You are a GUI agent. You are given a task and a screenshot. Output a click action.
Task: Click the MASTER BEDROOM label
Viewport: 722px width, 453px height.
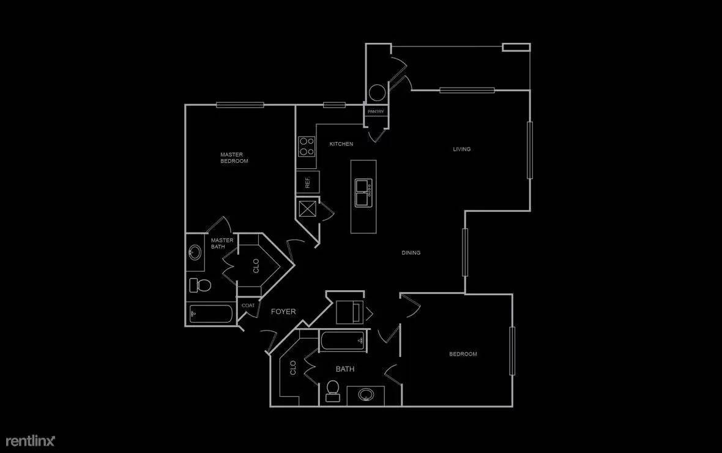[234, 157]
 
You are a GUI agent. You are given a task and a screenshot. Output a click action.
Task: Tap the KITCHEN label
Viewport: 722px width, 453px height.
[341, 144]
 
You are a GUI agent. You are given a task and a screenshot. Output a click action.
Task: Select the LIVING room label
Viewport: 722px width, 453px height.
[461, 149]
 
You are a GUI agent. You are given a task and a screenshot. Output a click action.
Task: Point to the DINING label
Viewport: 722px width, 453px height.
[411, 253]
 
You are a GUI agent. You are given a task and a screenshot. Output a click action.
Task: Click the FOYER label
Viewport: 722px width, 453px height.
[283, 312]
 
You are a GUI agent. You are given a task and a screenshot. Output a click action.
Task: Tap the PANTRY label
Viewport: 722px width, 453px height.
[376, 111]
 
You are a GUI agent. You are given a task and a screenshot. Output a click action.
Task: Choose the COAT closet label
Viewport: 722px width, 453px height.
[248, 305]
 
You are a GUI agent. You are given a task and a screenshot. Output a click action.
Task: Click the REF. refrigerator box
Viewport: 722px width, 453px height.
[307, 182]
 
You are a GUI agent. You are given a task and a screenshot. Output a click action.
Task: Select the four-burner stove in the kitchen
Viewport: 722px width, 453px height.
[306, 146]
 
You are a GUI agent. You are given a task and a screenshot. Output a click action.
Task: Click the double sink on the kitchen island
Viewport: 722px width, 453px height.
[363, 193]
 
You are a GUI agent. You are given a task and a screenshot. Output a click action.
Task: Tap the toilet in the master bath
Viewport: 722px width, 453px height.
[200, 285]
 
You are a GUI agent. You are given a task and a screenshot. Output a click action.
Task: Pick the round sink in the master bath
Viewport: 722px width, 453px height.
[195, 252]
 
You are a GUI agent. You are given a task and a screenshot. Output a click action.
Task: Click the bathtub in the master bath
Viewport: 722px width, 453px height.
[211, 314]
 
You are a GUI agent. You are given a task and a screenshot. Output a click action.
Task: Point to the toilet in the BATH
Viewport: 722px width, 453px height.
[332, 391]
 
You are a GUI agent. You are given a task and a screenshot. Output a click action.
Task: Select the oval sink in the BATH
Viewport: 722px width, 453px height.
[366, 394]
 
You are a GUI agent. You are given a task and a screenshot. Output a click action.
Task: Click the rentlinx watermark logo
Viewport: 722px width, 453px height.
[31, 441]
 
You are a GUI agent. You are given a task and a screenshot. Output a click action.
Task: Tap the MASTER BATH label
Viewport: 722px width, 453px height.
[222, 243]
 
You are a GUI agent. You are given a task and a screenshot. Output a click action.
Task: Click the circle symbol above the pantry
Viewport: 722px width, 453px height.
[377, 93]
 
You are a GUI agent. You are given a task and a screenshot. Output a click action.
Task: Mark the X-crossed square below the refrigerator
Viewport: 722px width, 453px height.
[307, 208]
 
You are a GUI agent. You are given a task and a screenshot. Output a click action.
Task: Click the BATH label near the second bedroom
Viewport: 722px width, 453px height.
[345, 369]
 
